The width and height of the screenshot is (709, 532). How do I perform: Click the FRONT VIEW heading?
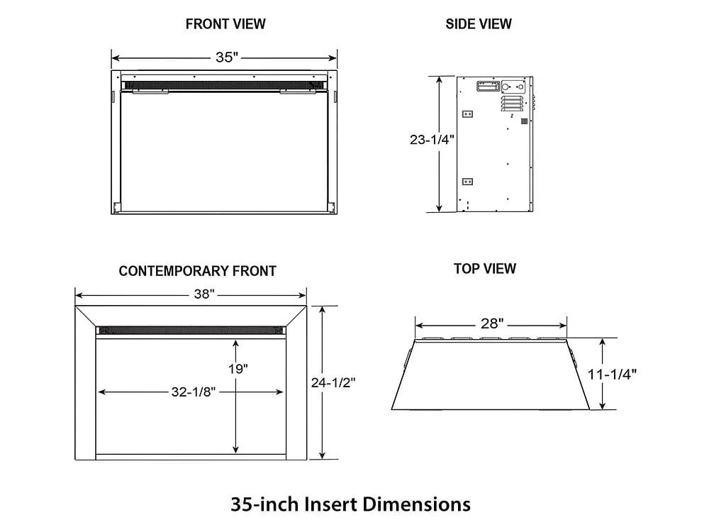(x=225, y=23)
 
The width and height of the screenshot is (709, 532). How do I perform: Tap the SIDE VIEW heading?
(x=479, y=23)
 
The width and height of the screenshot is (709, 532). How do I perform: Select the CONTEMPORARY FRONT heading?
(x=197, y=271)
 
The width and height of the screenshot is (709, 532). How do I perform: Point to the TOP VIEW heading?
(x=485, y=269)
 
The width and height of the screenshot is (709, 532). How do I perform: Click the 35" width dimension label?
(x=225, y=57)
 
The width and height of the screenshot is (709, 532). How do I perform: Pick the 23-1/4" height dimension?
(x=432, y=140)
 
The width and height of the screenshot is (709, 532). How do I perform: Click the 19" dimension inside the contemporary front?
(x=238, y=369)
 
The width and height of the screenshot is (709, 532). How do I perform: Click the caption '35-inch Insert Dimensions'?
(x=350, y=504)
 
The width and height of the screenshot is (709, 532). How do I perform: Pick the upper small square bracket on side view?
(x=467, y=113)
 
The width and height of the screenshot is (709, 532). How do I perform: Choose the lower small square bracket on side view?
(x=467, y=181)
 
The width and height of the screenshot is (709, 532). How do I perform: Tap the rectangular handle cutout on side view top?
(x=486, y=87)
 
